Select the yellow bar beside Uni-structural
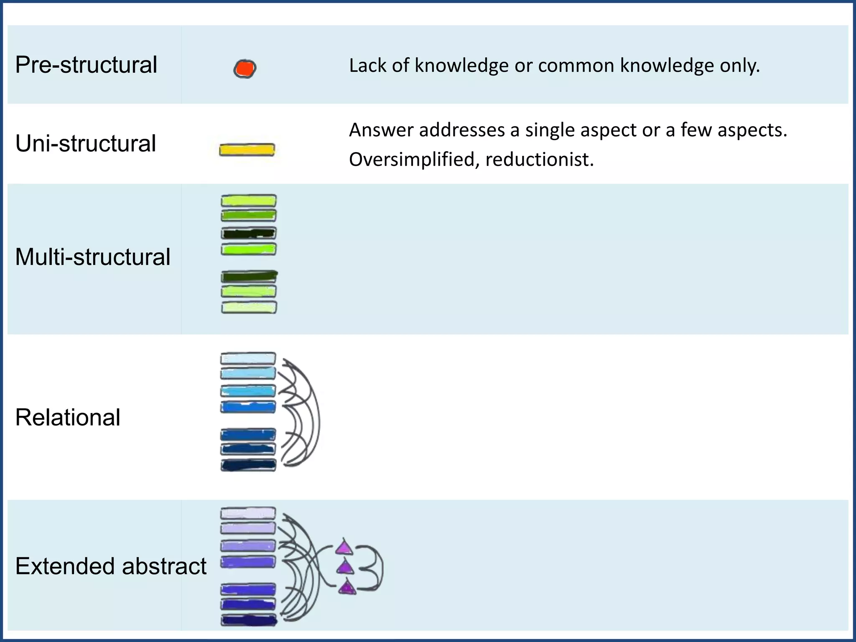click(247, 150)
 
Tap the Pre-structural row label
click(86, 65)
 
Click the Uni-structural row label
click(86, 143)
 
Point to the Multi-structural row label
click(93, 257)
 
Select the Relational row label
click(68, 417)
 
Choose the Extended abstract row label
click(111, 566)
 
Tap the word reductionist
click(539, 160)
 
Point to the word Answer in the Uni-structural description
click(381, 130)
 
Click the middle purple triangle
click(345, 568)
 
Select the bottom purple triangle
click(347, 588)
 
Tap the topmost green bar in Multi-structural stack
click(248, 201)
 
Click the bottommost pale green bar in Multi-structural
click(249, 308)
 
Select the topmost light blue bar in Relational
click(248, 359)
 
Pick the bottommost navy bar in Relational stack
click(248, 465)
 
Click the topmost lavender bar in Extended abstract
click(248, 513)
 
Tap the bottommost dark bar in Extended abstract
click(249, 620)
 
